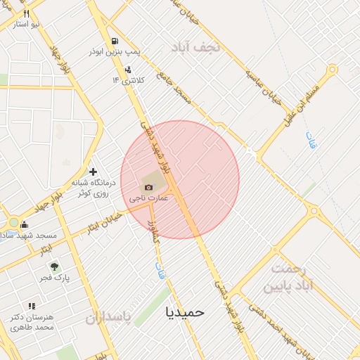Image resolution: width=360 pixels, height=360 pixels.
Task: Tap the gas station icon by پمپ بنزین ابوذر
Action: click(x=115, y=41)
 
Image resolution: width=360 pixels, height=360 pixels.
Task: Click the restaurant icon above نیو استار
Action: click(x=26, y=13)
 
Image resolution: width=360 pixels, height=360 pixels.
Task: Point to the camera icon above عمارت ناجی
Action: click(x=148, y=187)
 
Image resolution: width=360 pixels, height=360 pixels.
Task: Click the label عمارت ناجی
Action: click(x=148, y=199)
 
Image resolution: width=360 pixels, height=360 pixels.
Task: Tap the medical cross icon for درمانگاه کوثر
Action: click(x=94, y=172)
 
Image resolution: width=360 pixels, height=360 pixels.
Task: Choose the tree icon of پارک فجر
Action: click(x=54, y=266)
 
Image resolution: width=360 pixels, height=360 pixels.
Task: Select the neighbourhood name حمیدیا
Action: click(x=185, y=311)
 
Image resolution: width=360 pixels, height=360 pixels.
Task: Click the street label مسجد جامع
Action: click(x=174, y=89)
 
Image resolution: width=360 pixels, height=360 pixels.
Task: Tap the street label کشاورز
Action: click(x=150, y=232)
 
